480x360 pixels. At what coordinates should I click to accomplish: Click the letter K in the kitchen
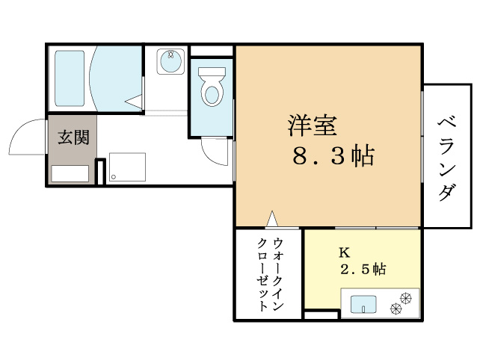coord(344,252)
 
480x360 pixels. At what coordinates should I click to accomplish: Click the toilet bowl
coord(212,89)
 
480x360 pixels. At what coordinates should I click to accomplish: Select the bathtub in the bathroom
coord(70,79)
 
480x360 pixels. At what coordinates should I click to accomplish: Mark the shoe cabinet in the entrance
coord(73,174)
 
